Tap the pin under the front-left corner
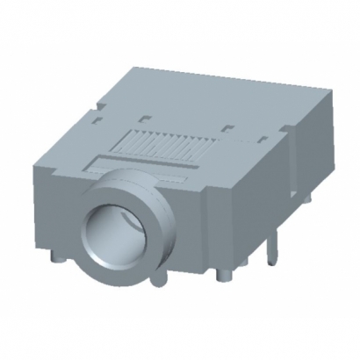[x=56, y=261]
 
